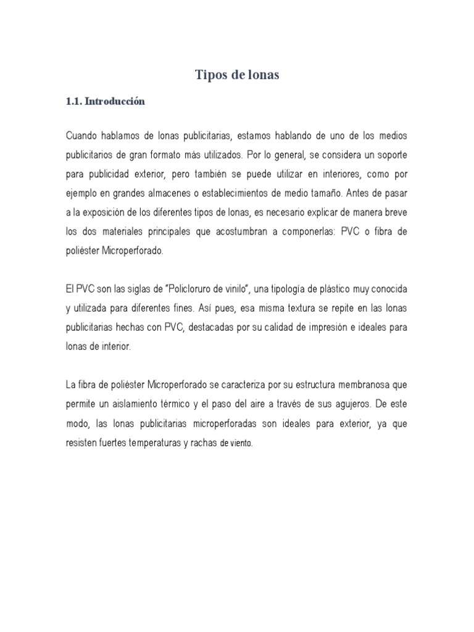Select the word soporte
pos(388,154)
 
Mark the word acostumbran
pos(241,231)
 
